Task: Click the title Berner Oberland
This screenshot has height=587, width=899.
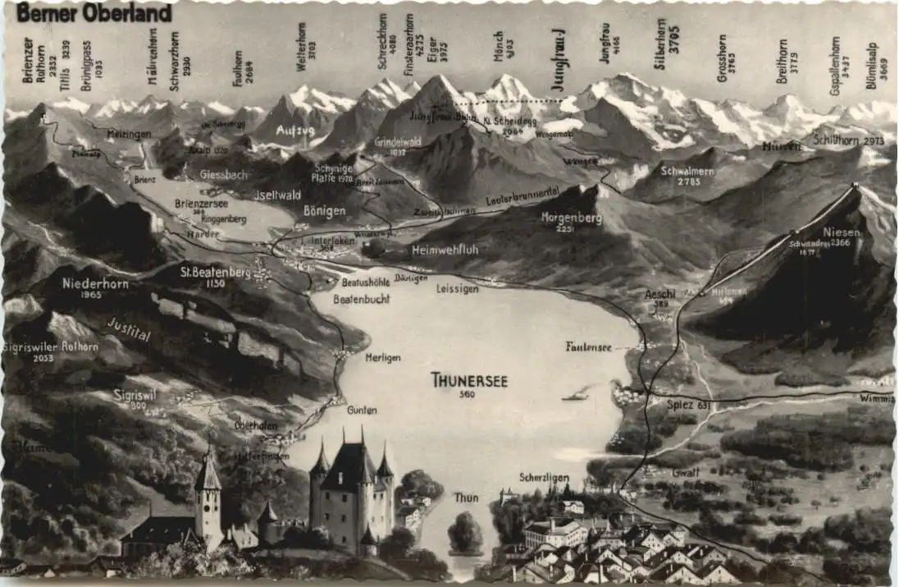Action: tap(94, 13)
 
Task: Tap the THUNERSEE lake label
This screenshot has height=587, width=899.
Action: tap(469, 380)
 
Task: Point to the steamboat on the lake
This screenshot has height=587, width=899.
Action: tap(574, 396)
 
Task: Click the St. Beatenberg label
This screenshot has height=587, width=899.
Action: tap(215, 272)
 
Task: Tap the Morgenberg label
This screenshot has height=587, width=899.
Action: tap(572, 219)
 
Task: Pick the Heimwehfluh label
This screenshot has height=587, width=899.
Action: tap(444, 250)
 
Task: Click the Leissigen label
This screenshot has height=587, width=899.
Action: tap(457, 289)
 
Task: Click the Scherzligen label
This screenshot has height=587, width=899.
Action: tap(544, 477)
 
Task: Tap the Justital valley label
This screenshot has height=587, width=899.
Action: tap(129, 330)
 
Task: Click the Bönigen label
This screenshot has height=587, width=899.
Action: tap(324, 211)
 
